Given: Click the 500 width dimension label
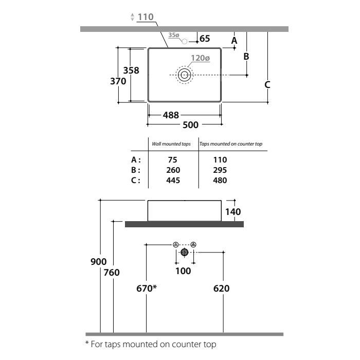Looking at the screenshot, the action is [190, 125].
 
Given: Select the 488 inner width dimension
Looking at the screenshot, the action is [171, 115].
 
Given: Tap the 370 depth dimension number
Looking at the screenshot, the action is [118, 81].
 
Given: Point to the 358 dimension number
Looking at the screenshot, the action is [131, 70].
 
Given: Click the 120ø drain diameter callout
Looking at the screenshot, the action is [201, 58].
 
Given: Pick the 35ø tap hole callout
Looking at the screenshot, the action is [174, 35].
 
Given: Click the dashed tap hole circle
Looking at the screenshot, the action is [185, 41].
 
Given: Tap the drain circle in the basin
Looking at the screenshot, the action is [184, 75].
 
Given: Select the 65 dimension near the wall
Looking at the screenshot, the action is [205, 39].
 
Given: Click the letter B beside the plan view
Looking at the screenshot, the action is [246, 56].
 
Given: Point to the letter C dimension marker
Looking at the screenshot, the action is [267, 84].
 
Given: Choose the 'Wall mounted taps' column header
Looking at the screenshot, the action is [171, 144].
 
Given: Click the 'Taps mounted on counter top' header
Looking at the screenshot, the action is [231, 144].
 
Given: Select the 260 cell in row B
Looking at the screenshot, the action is [173, 170].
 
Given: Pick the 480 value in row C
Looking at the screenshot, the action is [220, 181].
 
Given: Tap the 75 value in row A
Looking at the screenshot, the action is [173, 160].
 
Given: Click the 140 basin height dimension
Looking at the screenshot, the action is [233, 212].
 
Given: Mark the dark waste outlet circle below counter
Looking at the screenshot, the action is [184, 252].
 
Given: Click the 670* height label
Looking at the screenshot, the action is [147, 289].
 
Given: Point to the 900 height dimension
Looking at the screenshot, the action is [99, 262].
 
